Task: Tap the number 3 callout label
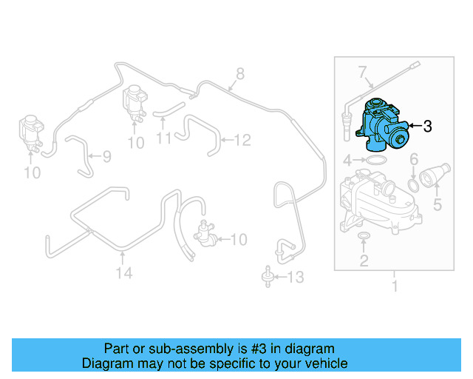(427, 127)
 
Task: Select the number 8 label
(239, 73)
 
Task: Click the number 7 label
(363, 73)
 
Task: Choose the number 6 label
(414, 159)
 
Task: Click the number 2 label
(364, 260)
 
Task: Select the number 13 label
(294, 278)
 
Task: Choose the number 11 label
(164, 138)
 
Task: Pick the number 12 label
(242, 138)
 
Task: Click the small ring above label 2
(364, 236)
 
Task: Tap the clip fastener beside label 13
(265, 278)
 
